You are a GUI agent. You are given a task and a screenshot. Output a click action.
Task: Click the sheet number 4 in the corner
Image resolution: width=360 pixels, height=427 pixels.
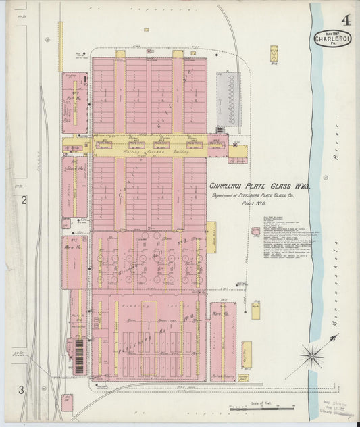point(345,20)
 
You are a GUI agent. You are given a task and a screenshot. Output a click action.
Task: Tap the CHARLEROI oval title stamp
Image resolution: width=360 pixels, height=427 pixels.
point(331,39)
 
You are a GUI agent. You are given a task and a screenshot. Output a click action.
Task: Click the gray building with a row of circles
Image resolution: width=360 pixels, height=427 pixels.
point(229,99)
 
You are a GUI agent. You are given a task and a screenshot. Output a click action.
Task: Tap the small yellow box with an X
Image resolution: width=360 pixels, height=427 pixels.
point(274,54)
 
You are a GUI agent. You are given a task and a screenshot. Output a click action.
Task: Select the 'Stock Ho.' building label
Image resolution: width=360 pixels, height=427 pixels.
point(71,170)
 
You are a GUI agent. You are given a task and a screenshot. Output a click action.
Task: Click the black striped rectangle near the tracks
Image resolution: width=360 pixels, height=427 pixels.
point(80,356)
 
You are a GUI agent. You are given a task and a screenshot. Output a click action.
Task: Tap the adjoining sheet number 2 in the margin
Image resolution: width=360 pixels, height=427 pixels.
point(23,200)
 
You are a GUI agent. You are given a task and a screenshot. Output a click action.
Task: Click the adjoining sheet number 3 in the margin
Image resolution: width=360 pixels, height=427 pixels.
point(22,390)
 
